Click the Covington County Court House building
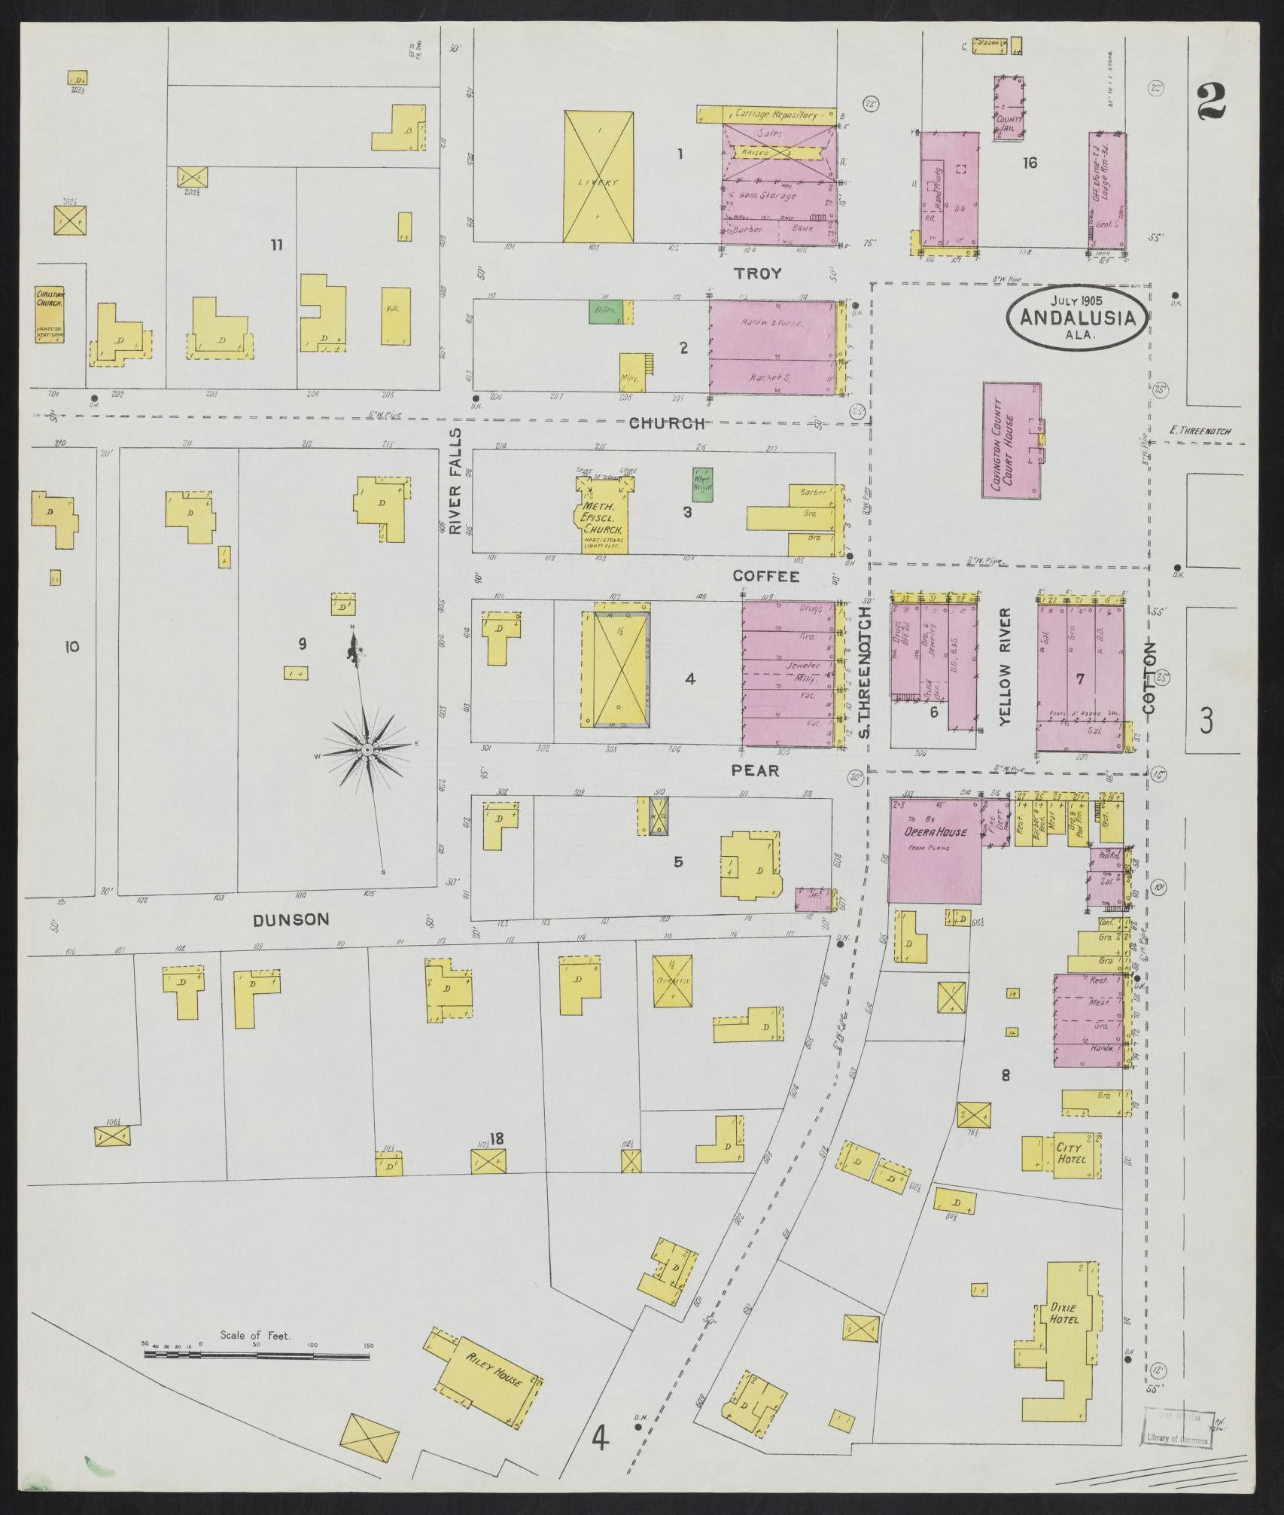1012,440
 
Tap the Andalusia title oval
1077,316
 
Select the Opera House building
935,850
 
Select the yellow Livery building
599,177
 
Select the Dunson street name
291,919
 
